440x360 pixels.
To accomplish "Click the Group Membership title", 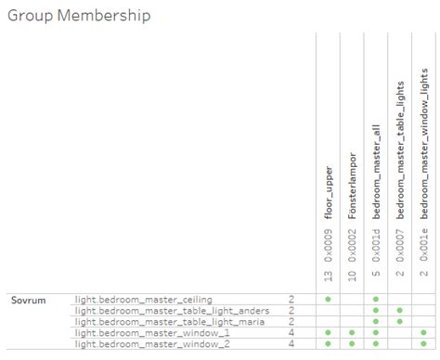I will [78, 16].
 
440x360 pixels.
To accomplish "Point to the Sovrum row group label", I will [28, 300].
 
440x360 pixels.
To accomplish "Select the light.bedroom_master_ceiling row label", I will [143, 300].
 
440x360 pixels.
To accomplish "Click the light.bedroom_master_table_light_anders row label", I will [172, 310].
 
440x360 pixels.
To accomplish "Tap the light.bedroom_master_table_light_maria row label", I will [169, 321].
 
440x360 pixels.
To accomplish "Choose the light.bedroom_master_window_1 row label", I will [150, 332].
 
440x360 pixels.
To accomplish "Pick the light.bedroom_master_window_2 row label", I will [150, 343].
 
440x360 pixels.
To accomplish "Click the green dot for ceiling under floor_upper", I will [328, 300].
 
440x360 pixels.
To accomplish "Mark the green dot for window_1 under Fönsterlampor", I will [352, 332].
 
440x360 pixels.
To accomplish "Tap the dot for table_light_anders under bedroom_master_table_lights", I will [400, 310].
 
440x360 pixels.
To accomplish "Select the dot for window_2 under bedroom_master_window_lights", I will [424, 343].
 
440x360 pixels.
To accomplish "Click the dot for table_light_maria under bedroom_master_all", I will [376, 321].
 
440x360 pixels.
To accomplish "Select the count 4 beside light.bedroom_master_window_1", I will [291, 332].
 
